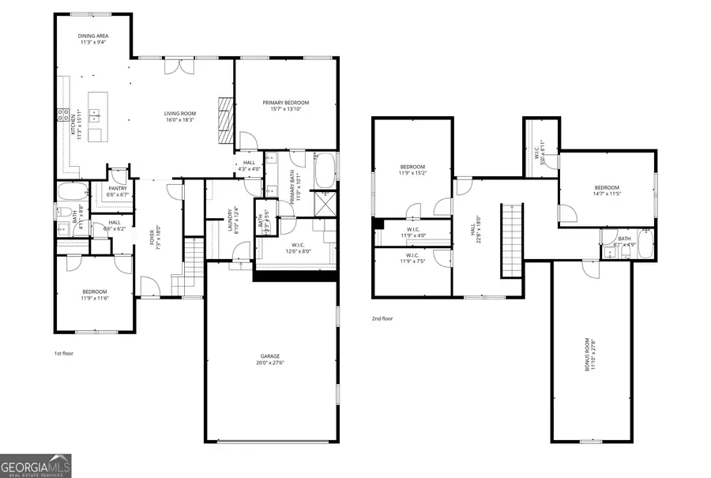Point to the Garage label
pos(270,359)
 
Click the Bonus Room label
pos(589,355)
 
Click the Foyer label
pos(157,238)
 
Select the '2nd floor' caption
pos(383,318)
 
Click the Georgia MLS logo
pos(36,465)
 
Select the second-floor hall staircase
pos(513,239)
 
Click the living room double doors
pos(176,66)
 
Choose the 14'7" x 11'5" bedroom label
pos(607,190)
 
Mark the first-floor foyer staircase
pos(191,265)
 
